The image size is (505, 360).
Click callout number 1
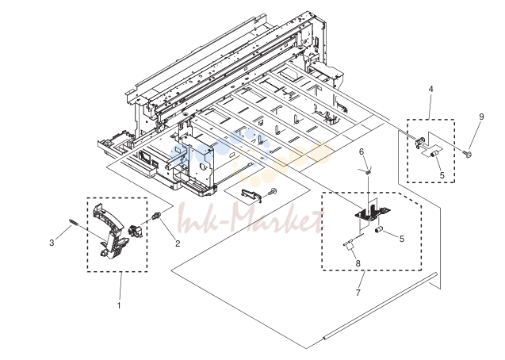pos(119,305)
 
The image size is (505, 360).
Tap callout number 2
pos(178,243)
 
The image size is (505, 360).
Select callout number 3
pos(52,243)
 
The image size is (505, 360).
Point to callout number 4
pos(431,89)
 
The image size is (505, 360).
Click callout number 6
pos(362,151)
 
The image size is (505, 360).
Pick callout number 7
pos(358,293)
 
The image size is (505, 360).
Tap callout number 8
pos(358,263)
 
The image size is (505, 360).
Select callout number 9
pos(481,117)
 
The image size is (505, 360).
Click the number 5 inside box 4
pos(442,175)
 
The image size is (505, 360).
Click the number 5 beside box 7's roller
pos(402,239)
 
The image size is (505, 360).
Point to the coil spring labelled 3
pos(74,223)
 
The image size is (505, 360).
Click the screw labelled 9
pos(467,154)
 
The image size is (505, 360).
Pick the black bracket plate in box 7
pos(372,213)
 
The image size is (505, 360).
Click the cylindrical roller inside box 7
pos(377,230)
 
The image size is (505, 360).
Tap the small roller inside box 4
pos(434,154)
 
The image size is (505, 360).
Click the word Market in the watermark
pos(277,221)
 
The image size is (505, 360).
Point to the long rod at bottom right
pos(380,306)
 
